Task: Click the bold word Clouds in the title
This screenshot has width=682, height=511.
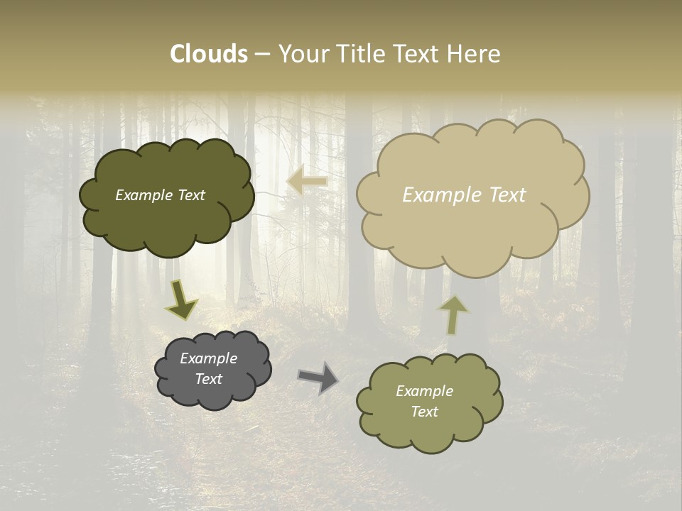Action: (209, 54)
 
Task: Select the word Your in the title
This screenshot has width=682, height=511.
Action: (304, 54)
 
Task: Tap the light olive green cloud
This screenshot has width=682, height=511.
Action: (430, 433)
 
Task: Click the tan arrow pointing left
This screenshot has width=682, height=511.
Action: (307, 182)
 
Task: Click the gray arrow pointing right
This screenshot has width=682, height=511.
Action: (318, 377)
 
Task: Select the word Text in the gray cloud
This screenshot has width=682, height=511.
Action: (209, 379)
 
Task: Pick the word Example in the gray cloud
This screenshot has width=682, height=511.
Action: (209, 358)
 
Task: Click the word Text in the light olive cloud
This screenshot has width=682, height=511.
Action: (424, 412)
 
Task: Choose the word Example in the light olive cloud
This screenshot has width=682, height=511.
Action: (424, 391)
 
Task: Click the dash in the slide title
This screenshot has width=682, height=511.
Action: (262, 54)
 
